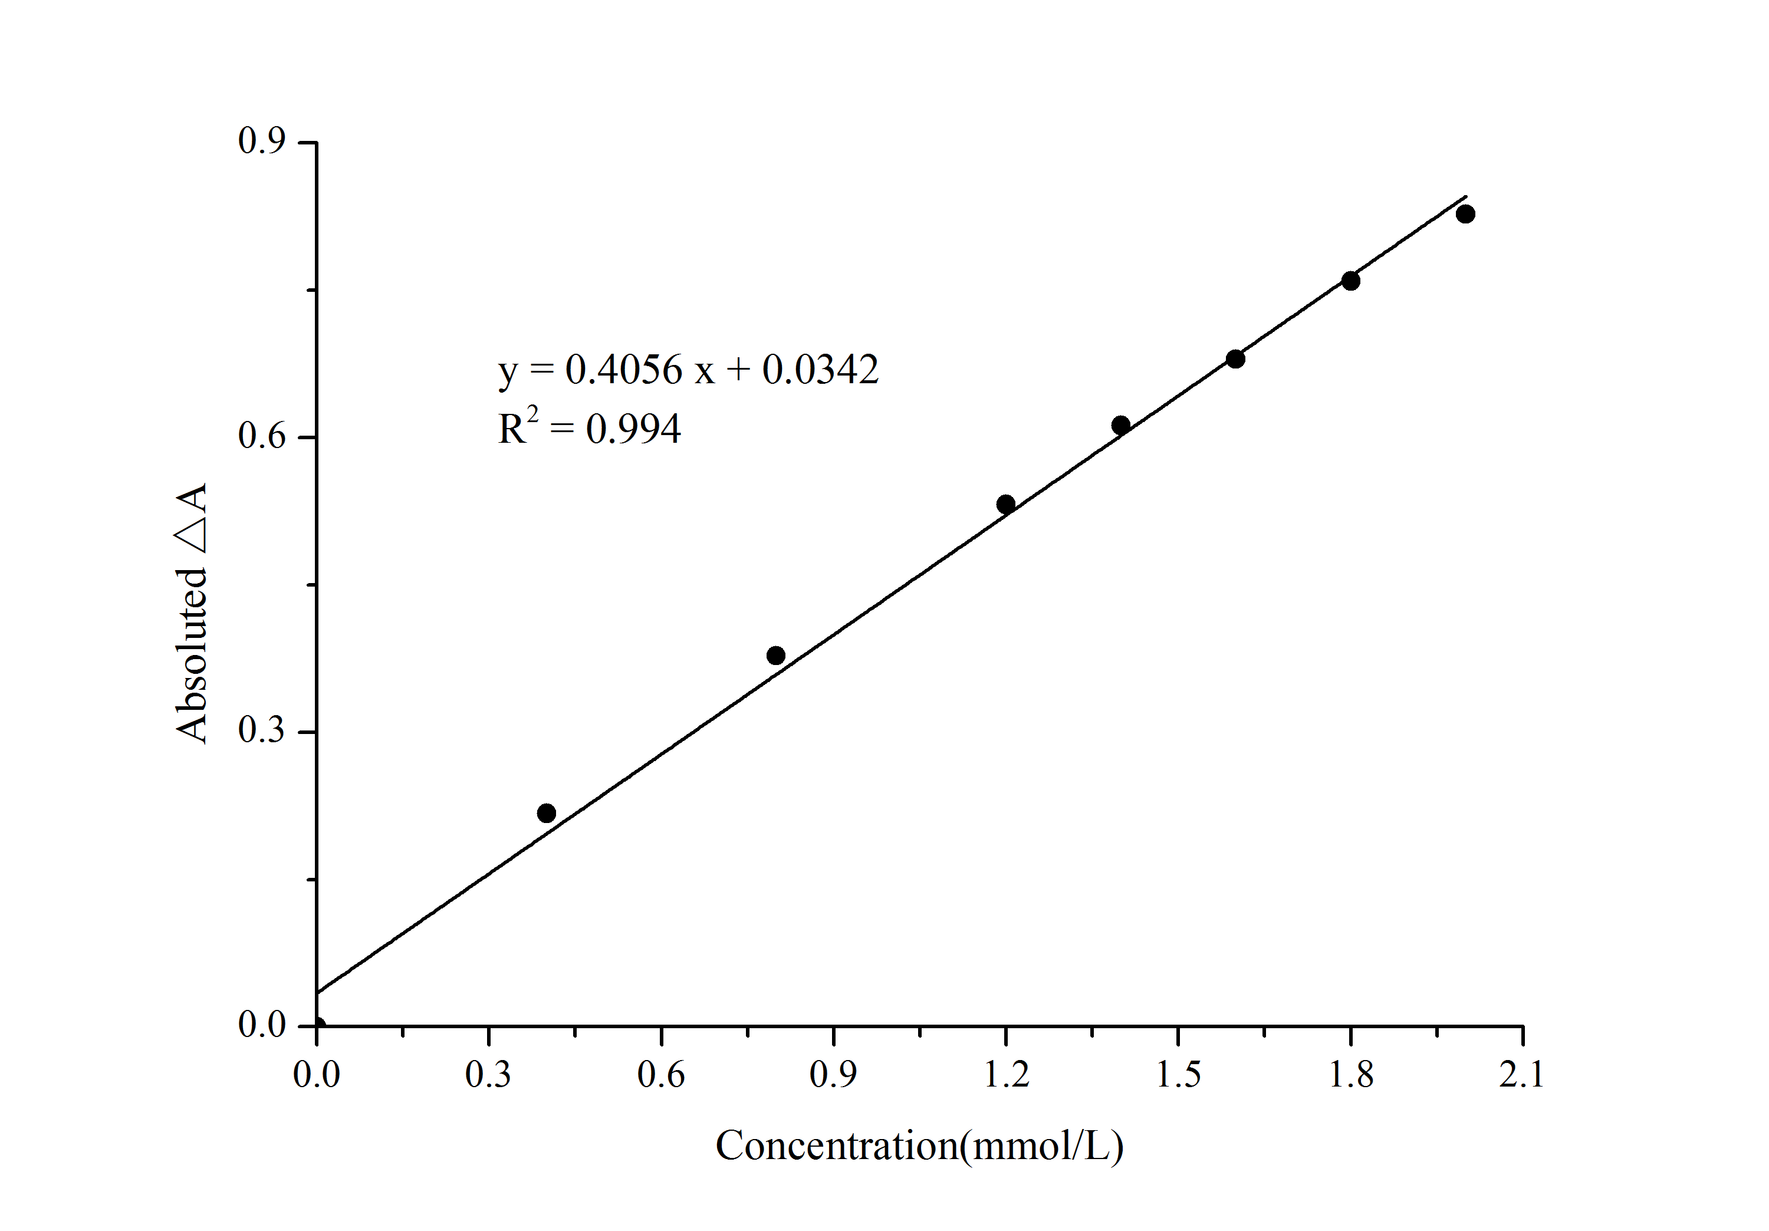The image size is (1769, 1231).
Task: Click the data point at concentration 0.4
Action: coord(546,812)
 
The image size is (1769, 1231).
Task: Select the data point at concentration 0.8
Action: coord(776,656)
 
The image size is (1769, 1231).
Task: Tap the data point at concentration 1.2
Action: coord(1005,505)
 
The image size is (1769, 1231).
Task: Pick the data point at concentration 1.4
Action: coord(1121,425)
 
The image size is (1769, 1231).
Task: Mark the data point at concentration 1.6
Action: coord(1235,359)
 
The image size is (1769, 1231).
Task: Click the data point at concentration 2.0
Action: coord(1465,214)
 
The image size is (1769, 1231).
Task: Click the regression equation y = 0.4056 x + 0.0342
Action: coord(688,370)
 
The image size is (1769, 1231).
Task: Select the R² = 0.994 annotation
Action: coord(590,428)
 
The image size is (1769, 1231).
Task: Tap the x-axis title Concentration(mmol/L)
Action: coord(919,1146)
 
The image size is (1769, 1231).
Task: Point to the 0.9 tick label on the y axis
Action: coord(262,141)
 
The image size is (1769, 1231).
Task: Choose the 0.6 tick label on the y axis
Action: coord(262,436)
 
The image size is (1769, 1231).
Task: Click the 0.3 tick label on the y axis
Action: coord(262,730)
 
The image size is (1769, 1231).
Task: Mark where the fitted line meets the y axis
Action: coord(317,992)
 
